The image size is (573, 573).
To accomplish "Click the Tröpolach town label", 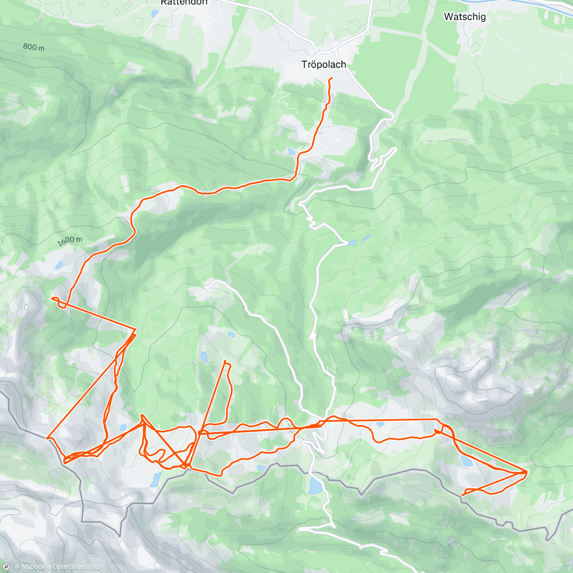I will pyautogui.click(x=323, y=64).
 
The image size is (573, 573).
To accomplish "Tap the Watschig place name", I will pyautogui.click(x=465, y=17).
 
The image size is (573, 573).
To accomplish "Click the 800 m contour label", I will pyautogui.click(x=33, y=47).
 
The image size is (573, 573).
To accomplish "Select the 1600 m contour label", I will pyautogui.click(x=69, y=241).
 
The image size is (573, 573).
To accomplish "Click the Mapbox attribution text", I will pyautogui.click(x=31, y=567).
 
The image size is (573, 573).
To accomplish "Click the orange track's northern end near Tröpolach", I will pyautogui.click(x=331, y=78).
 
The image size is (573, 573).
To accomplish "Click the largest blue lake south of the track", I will pyautogui.click(x=315, y=486).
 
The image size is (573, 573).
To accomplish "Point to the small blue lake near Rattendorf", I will pyautogui.click(x=155, y=14).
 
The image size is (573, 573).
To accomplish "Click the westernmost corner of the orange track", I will pyautogui.click(x=47, y=437).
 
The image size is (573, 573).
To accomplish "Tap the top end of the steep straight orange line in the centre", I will pyautogui.click(x=225, y=361).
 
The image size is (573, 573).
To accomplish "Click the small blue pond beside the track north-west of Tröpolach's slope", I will pyautogui.click(x=291, y=151).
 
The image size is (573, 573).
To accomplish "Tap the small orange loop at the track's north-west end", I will pyautogui.click(x=56, y=301).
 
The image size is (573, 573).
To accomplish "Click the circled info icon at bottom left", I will pyautogui.click(x=6, y=566).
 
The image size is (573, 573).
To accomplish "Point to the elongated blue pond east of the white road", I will pyautogui.click(x=366, y=237).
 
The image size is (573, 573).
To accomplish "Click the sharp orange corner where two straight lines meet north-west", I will pyautogui.click(x=136, y=329).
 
